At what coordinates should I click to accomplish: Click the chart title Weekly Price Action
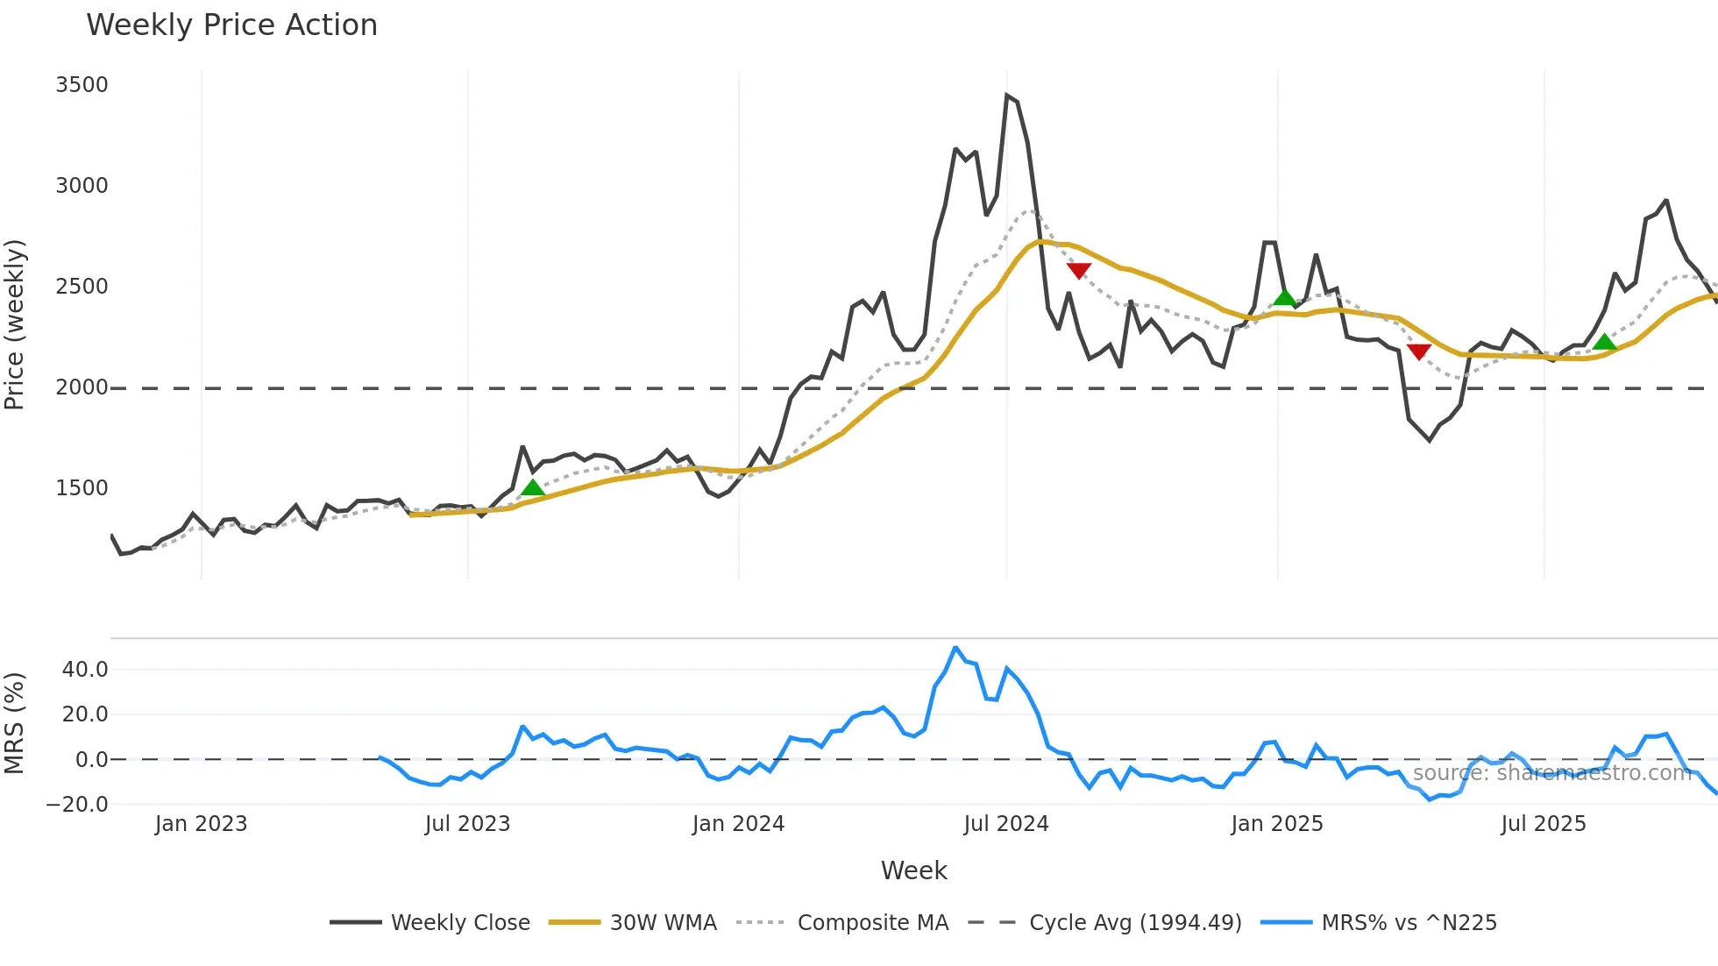231,25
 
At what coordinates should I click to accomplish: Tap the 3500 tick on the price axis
82,85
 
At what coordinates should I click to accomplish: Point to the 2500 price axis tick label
82,287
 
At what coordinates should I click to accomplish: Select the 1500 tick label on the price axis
82,488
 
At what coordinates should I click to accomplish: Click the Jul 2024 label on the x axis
1005,824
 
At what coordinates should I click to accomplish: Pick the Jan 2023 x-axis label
201,824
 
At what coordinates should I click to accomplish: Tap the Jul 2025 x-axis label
1543,824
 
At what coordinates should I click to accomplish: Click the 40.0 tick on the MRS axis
85,670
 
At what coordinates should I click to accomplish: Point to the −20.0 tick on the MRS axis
77,804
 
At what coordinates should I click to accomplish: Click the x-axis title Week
913,870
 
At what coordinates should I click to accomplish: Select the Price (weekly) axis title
14,324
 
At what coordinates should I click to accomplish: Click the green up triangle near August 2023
533,487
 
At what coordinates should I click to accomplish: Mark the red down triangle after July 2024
1079,271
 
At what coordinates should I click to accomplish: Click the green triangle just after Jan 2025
1284,297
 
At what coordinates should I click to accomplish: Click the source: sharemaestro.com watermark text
1551,773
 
